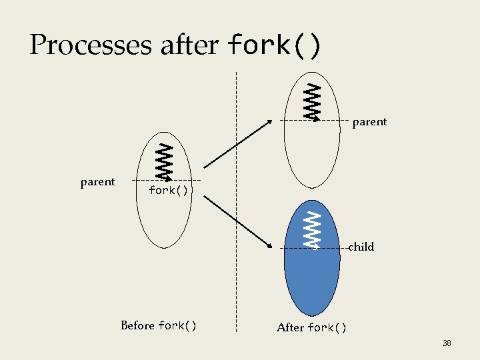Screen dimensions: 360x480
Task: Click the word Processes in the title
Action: pyautogui.click(x=91, y=45)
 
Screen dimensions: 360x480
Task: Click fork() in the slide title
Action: pyautogui.click(x=275, y=45)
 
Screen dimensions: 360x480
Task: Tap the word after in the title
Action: pyautogui.click(x=189, y=45)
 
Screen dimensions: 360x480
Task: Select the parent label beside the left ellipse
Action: pyautogui.click(x=97, y=181)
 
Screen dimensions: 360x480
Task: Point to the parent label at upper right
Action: pyautogui.click(x=369, y=122)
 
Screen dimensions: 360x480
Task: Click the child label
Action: pyautogui.click(x=361, y=247)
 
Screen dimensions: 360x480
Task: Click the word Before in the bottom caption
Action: pyautogui.click(x=137, y=325)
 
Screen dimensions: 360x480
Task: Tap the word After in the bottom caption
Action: pyautogui.click(x=290, y=327)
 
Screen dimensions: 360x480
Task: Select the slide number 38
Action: pyautogui.click(x=447, y=343)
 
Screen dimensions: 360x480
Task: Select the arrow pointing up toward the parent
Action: pyautogui.click(x=237, y=143)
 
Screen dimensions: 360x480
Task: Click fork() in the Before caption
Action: pyautogui.click(x=177, y=325)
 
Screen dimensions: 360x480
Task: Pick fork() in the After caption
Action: pyautogui.click(x=327, y=327)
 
